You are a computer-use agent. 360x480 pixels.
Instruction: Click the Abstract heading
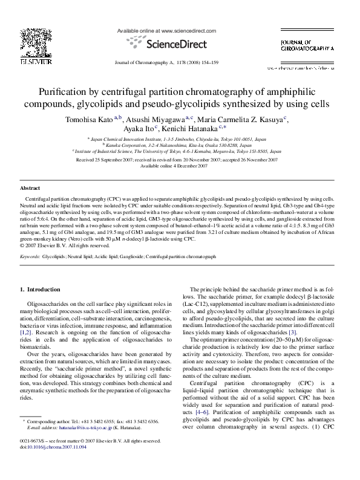coord(30,189)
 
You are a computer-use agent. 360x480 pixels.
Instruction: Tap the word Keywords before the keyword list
coord(30,257)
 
